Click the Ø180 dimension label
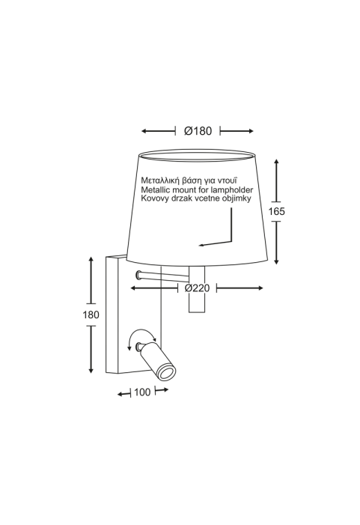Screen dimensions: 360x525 198,130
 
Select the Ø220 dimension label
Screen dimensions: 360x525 197,288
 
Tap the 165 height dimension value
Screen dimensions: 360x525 277,211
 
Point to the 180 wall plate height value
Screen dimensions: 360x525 91,315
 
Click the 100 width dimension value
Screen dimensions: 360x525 142,392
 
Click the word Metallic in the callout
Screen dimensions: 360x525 156,189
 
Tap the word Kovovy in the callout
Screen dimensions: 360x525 153,198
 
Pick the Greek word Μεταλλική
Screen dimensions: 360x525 160,180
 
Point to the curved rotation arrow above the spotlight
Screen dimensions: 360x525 142,336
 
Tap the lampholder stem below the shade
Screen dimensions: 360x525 197,289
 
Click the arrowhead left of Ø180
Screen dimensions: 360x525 144,131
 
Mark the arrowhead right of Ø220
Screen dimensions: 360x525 260,288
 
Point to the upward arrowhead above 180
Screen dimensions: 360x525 91,260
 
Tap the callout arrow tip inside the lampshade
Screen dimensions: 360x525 201,246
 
